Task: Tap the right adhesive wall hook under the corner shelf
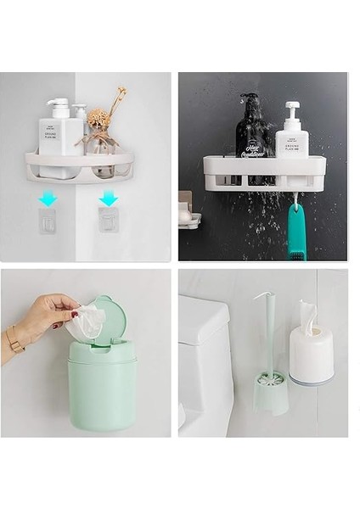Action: click(109, 221)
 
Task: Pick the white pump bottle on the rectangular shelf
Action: click(292, 133)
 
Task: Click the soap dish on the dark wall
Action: click(188, 219)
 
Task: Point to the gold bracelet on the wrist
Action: click(14, 340)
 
